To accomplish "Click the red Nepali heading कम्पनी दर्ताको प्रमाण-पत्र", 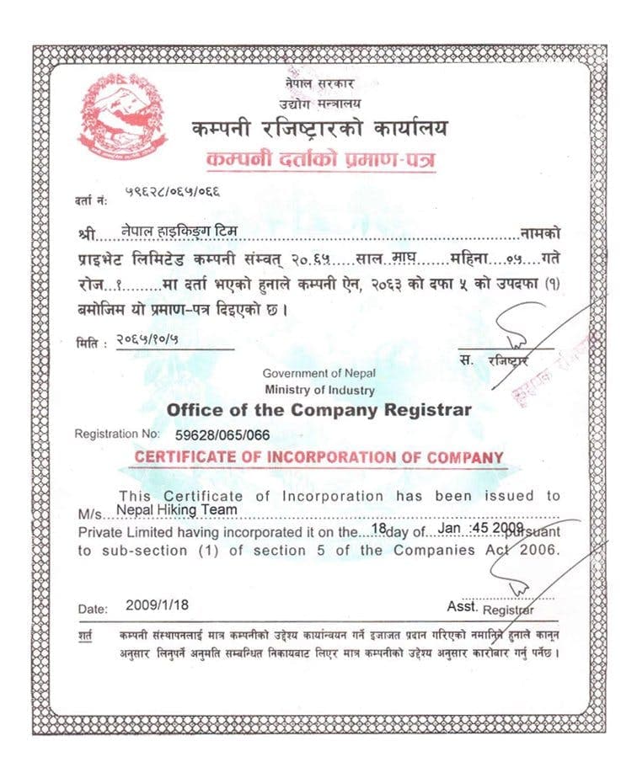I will point(320,159).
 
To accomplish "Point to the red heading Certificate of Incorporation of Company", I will point(319,457).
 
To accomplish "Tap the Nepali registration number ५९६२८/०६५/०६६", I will point(173,192).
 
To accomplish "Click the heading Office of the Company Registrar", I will point(319,410).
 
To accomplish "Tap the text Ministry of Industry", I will point(319,390).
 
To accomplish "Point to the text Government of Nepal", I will point(319,373).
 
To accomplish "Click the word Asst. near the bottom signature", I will point(463,606).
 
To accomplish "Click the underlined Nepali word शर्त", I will point(86,633).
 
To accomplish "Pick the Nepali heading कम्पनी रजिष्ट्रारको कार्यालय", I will point(319,129).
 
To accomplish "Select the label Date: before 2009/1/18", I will point(93,608).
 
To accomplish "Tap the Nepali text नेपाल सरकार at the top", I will point(319,84).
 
